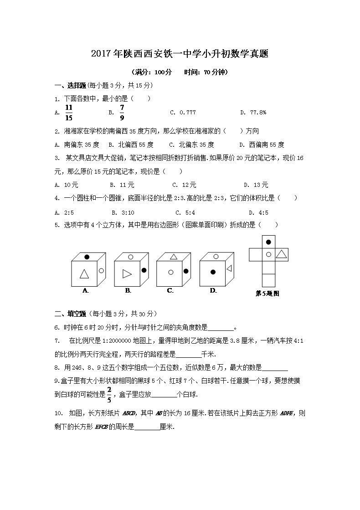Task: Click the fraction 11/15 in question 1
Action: [69, 112]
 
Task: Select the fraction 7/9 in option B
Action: [122, 112]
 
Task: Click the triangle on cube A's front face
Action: [84, 274]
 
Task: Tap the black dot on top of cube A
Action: [87, 257]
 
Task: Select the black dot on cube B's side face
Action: [144, 270]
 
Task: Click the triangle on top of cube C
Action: [173, 257]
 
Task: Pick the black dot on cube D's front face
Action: [212, 272]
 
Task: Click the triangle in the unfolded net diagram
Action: [282, 254]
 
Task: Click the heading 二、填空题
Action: [70, 314]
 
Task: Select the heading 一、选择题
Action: [70, 85]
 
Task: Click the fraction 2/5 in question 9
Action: [109, 393]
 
